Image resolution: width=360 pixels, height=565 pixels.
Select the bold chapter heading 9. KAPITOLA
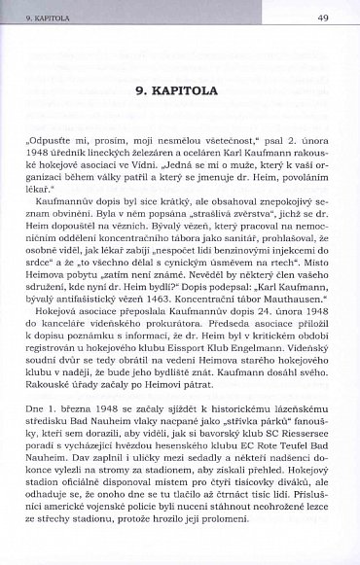tap(181, 88)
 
